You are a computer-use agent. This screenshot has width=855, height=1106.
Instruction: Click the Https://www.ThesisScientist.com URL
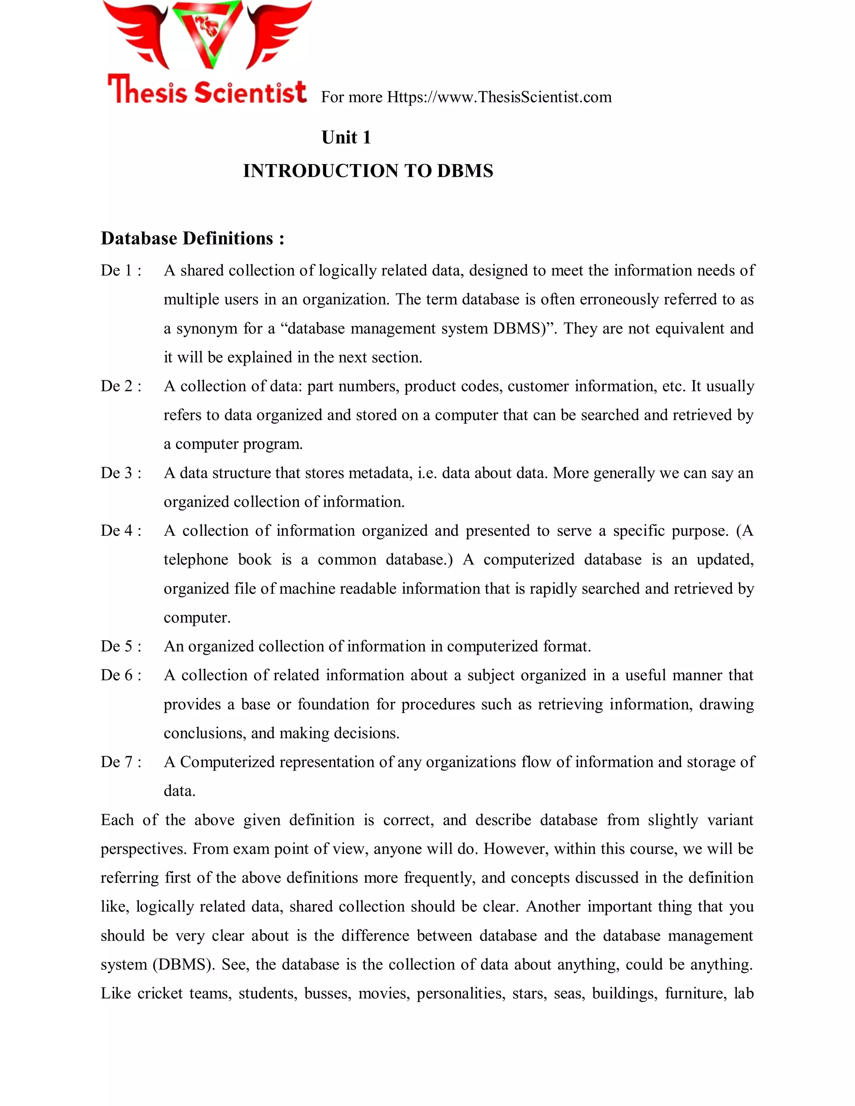[x=499, y=97]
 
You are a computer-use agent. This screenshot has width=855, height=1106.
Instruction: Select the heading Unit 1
[x=346, y=137]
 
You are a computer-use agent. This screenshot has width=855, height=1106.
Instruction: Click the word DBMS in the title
[x=465, y=171]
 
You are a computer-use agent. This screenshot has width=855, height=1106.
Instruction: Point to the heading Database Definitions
[x=192, y=238]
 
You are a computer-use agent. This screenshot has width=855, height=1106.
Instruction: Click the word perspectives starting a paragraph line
[x=143, y=849]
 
